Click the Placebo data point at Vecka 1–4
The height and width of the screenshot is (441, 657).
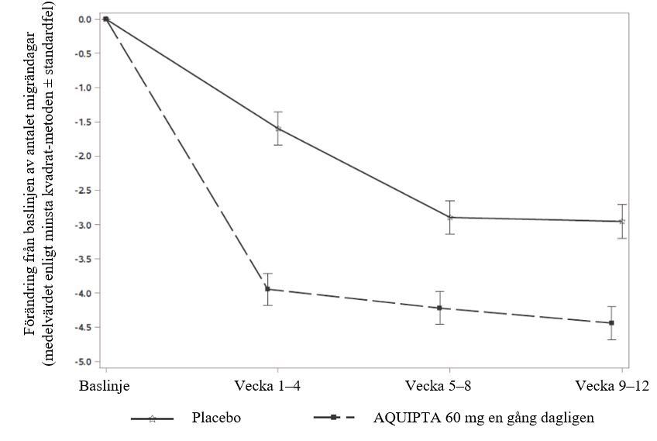278,129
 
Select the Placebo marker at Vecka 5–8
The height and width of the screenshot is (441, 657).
450,217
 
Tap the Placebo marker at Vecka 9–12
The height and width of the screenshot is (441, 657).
621,222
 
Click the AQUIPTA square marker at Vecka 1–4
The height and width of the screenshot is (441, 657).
268,289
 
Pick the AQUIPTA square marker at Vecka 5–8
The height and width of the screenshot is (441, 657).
439,308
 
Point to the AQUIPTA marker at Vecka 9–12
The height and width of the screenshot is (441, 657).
611,322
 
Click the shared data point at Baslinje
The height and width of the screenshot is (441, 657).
106,19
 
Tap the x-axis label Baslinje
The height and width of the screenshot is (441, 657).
105,385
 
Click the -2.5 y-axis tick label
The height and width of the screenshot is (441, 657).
82,190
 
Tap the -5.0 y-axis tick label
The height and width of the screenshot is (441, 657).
82,362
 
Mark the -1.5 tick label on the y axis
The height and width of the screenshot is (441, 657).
82,122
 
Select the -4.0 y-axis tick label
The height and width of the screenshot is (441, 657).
82,293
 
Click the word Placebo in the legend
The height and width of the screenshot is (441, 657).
216,418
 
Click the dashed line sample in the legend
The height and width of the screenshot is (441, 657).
334,418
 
